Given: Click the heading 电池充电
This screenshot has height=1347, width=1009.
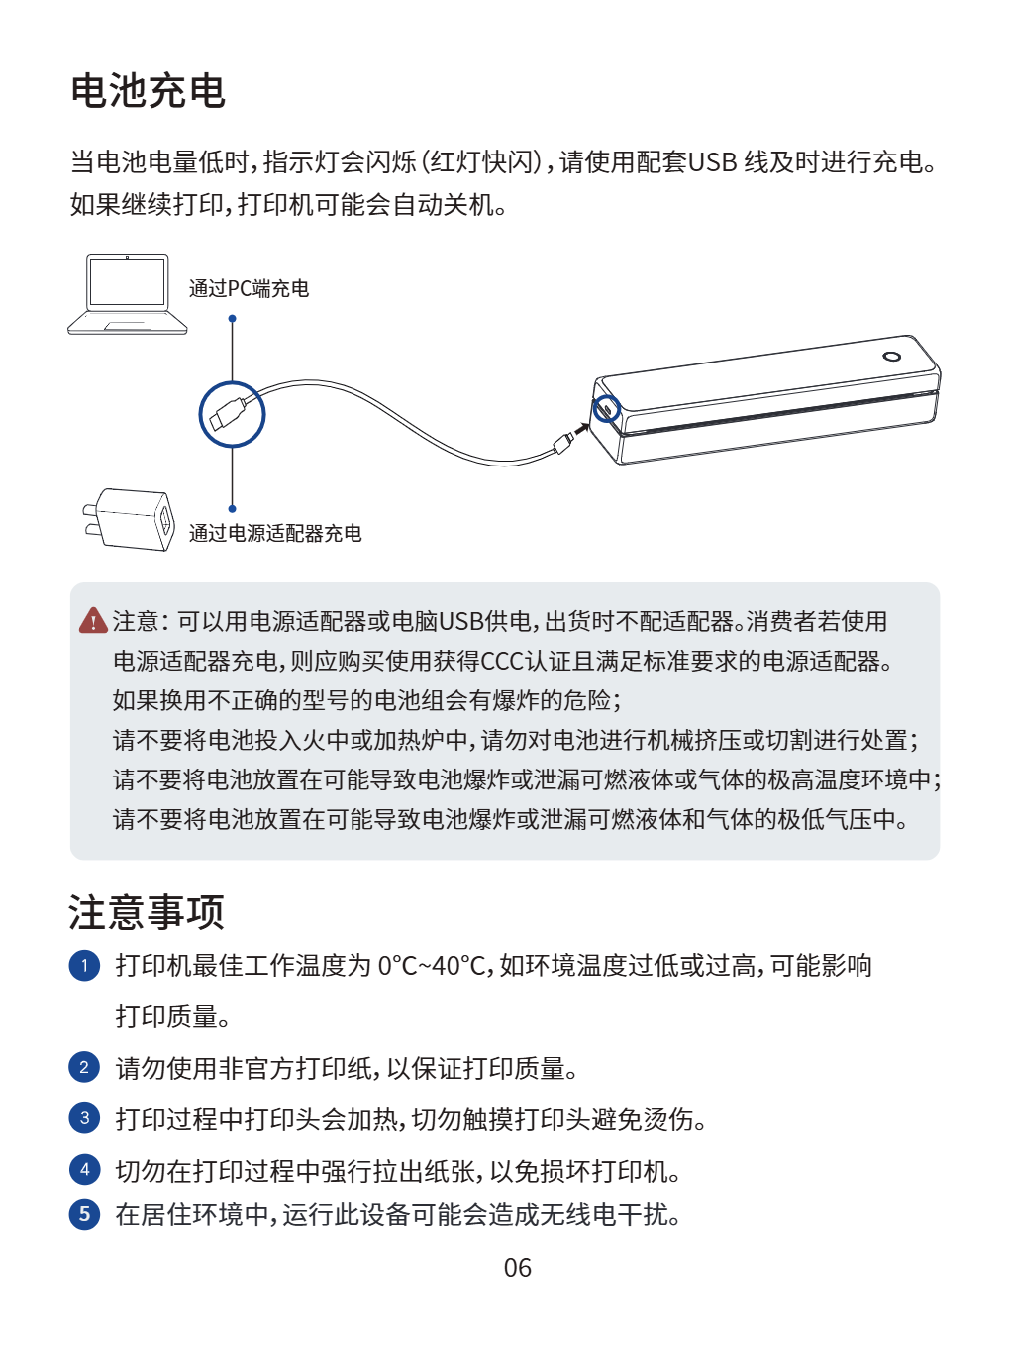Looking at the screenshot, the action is click(x=148, y=91).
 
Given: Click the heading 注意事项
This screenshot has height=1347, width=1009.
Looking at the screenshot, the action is click(x=147, y=912).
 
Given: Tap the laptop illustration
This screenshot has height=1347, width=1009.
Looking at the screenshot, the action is click(x=127, y=294).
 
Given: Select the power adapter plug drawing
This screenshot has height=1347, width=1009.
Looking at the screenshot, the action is click(x=129, y=519).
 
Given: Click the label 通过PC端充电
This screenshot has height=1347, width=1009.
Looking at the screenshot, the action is click(x=249, y=288).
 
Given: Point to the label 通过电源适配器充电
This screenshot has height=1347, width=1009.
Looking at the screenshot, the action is click(x=275, y=533).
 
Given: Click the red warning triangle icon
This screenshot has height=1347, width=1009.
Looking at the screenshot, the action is click(x=93, y=620).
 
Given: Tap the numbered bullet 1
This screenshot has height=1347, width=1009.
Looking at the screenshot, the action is click(x=84, y=966).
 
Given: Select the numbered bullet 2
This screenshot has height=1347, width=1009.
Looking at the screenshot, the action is click(x=84, y=1067).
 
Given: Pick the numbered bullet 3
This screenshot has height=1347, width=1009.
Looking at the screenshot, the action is click(x=84, y=1117).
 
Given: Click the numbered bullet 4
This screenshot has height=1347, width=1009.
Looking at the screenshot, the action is click(x=84, y=1169).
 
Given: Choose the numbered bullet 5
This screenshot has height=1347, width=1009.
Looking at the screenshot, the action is click(x=84, y=1214).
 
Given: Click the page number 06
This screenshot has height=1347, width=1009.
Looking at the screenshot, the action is click(x=517, y=1268).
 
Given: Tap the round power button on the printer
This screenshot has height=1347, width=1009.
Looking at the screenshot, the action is click(x=891, y=357).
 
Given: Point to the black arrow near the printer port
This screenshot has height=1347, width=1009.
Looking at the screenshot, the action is click(x=580, y=428).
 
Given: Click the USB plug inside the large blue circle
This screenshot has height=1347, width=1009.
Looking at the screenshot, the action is click(x=226, y=414).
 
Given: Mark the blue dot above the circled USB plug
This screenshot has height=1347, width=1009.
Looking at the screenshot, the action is click(x=232, y=319).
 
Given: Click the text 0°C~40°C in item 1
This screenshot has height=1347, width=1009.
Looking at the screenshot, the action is click(x=431, y=966).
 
